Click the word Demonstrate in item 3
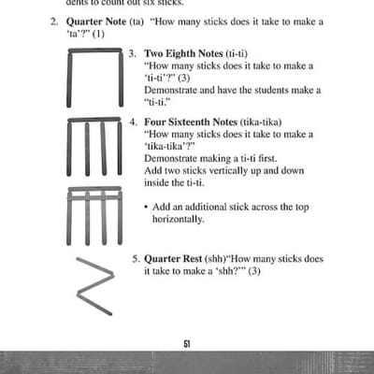click(173, 91)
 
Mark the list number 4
click(132, 122)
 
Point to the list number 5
click(132, 258)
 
